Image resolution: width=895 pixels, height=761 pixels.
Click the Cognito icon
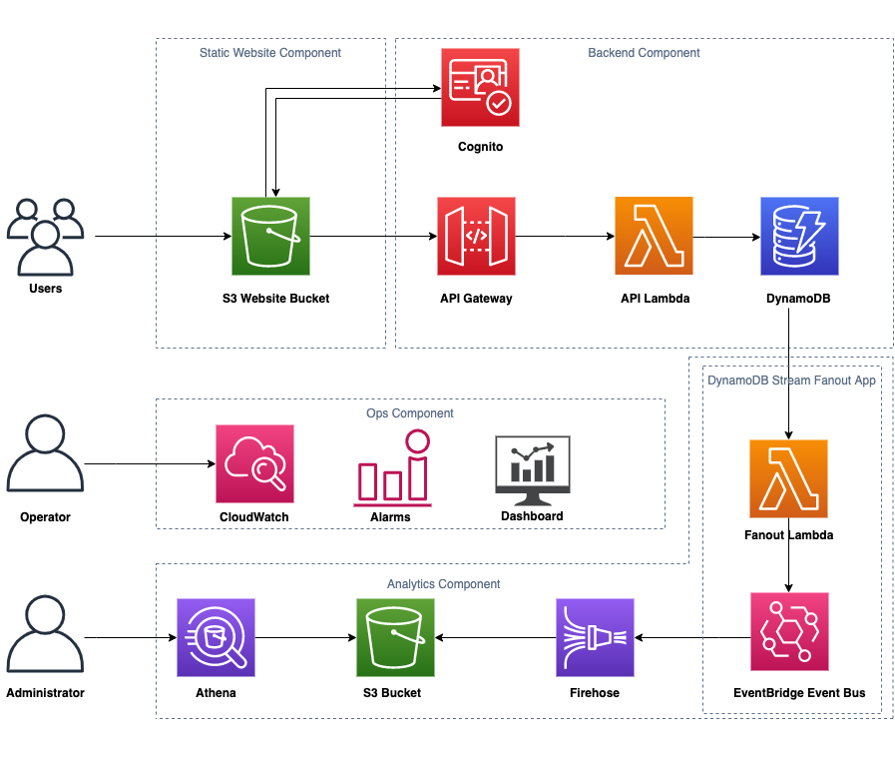click(x=480, y=88)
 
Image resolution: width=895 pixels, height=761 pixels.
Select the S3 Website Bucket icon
click(x=270, y=236)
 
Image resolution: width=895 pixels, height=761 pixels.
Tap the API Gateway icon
click(x=476, y=236)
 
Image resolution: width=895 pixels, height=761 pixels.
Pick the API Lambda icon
click(x=654, y=236)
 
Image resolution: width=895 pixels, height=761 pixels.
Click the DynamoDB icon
click(x=799, y=236)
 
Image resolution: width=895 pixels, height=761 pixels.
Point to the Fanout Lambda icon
click(x=788, y=478)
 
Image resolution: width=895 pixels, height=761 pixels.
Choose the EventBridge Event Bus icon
click(x=789, y=631)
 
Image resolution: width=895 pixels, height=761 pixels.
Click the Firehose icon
click(x=595, y=637)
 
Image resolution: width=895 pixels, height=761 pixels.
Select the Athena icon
click(x=216, y=637)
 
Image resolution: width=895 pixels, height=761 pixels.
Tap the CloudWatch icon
click(x=254, y=464)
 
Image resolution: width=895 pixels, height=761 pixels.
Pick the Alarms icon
click(x=392, y=468)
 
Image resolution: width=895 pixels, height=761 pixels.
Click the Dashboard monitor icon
click(x=533, y=470)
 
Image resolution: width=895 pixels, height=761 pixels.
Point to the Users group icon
click(x=45, y=237)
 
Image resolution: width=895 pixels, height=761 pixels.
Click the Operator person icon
click(x=45, y=453)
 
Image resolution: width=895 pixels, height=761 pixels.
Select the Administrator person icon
click(x=45, y=633)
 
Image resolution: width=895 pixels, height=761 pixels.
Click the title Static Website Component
click(x=270, y=53)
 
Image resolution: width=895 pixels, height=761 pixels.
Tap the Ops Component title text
click(x=410, y=413)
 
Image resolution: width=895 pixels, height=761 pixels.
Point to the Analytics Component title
click(x=443, y=584)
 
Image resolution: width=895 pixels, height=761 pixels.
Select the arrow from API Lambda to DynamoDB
click(x=726, y=237)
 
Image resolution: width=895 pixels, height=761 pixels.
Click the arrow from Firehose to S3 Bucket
click(x=496, y=637)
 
